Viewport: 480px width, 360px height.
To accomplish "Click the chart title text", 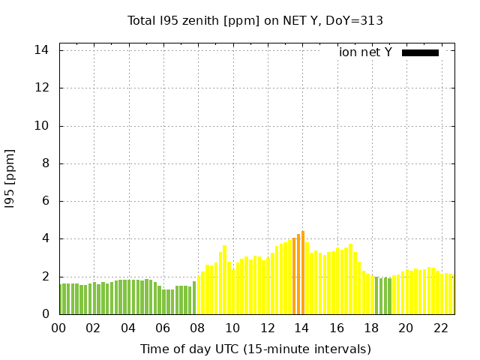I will tap(255, 21).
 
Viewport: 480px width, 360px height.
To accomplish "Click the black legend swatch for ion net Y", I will tap(420, 52).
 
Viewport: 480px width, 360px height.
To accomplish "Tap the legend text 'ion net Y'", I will tap(365, 52).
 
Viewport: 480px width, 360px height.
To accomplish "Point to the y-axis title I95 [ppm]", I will tap(10, 178).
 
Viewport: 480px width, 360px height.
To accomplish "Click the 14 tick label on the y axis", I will tap(42, 50).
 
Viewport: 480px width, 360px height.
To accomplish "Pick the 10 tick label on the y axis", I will tap(42, 126).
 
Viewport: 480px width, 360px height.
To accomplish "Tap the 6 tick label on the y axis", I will tap(46, 201).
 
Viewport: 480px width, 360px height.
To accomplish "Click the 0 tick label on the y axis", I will tap(46, 314).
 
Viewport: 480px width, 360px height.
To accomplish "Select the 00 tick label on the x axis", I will tap(59, 328).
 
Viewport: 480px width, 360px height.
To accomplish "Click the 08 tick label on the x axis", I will tap(198, 328).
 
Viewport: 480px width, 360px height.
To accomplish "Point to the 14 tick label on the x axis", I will tap(301, 328).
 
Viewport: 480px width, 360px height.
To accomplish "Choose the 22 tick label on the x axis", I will tap(440, 328).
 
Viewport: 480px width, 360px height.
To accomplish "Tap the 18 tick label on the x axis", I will tap(371, 328).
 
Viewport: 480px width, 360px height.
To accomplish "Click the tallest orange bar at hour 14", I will tap(303, 272).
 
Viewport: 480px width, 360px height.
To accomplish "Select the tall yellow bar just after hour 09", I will tap(224, 280).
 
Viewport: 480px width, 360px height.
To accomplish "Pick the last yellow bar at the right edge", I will tap(452, 295).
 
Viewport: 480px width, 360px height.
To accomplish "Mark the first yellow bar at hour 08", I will tap(199, 295).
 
